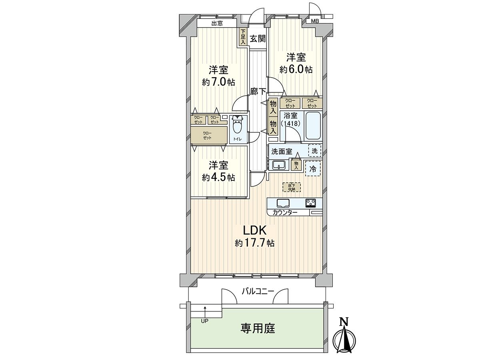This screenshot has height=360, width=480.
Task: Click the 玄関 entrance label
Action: point(258,38)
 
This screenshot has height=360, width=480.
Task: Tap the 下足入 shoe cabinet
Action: point(243,37)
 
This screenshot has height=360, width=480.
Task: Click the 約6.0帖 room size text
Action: point(296,70)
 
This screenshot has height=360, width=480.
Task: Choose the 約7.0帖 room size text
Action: point(218,82)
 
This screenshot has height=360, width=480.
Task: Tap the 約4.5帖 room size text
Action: point(218,177)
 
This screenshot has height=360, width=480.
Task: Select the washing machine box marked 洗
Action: point(314,151)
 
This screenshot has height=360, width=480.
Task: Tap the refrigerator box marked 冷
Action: point(313,169)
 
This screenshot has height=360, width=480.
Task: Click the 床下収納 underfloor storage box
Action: point(291,187)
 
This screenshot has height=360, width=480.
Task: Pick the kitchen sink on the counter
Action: point(283,203)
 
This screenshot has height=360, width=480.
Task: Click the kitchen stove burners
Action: point(310,202)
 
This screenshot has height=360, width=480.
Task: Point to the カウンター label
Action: point(285,212)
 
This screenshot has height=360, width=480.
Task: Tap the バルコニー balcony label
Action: point(258,291)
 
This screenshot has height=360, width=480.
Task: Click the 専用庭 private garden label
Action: point(258,329)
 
